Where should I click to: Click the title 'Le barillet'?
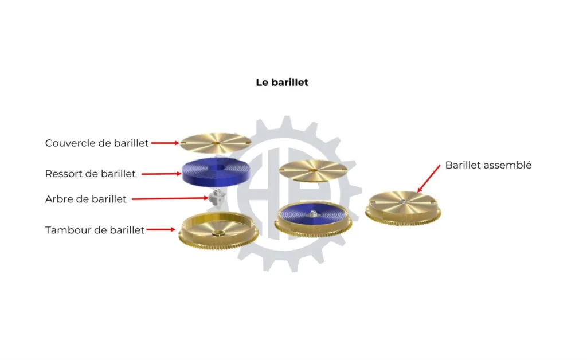(x=282, y=83)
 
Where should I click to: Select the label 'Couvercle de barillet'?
(x=96, y=143)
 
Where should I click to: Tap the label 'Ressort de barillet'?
(x=90, y=174)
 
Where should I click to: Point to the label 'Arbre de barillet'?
(x=86, y=199)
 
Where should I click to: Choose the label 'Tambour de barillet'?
(x=95, y=230)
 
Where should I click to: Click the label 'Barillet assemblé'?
(x=488, y=165)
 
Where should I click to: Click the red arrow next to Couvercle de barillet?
(x=165, y=143)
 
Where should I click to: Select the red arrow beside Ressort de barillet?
(x=161, y=174)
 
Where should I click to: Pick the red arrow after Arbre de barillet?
(x=170, y=199)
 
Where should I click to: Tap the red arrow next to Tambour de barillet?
(x=161, y=229)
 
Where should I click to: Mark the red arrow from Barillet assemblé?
(x=429, y=178)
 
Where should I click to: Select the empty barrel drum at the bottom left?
(x=218, y=230)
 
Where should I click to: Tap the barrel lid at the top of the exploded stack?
(x=216, y=143)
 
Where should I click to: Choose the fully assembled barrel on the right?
(x=403, y=208)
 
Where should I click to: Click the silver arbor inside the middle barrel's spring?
(x=313, y=214)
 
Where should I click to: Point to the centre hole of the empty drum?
(x=217, y=234)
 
